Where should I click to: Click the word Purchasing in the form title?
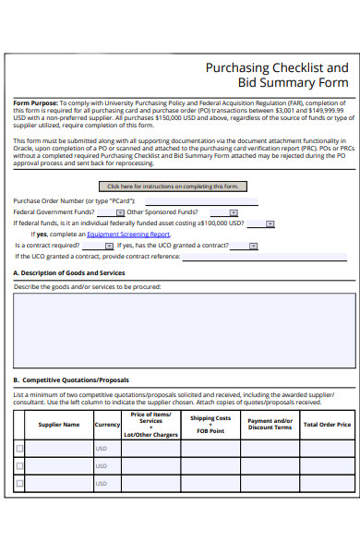point(237,67)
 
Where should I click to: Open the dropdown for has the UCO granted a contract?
point(253,246)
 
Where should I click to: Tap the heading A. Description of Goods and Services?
point(69,273)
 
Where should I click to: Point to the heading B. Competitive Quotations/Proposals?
point(71,379)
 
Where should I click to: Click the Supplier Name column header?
point(58,425)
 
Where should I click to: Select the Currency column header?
point(107,425)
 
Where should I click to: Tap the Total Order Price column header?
point(327,425)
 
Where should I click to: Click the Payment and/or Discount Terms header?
point(270,425)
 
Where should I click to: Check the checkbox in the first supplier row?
point(20,449)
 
